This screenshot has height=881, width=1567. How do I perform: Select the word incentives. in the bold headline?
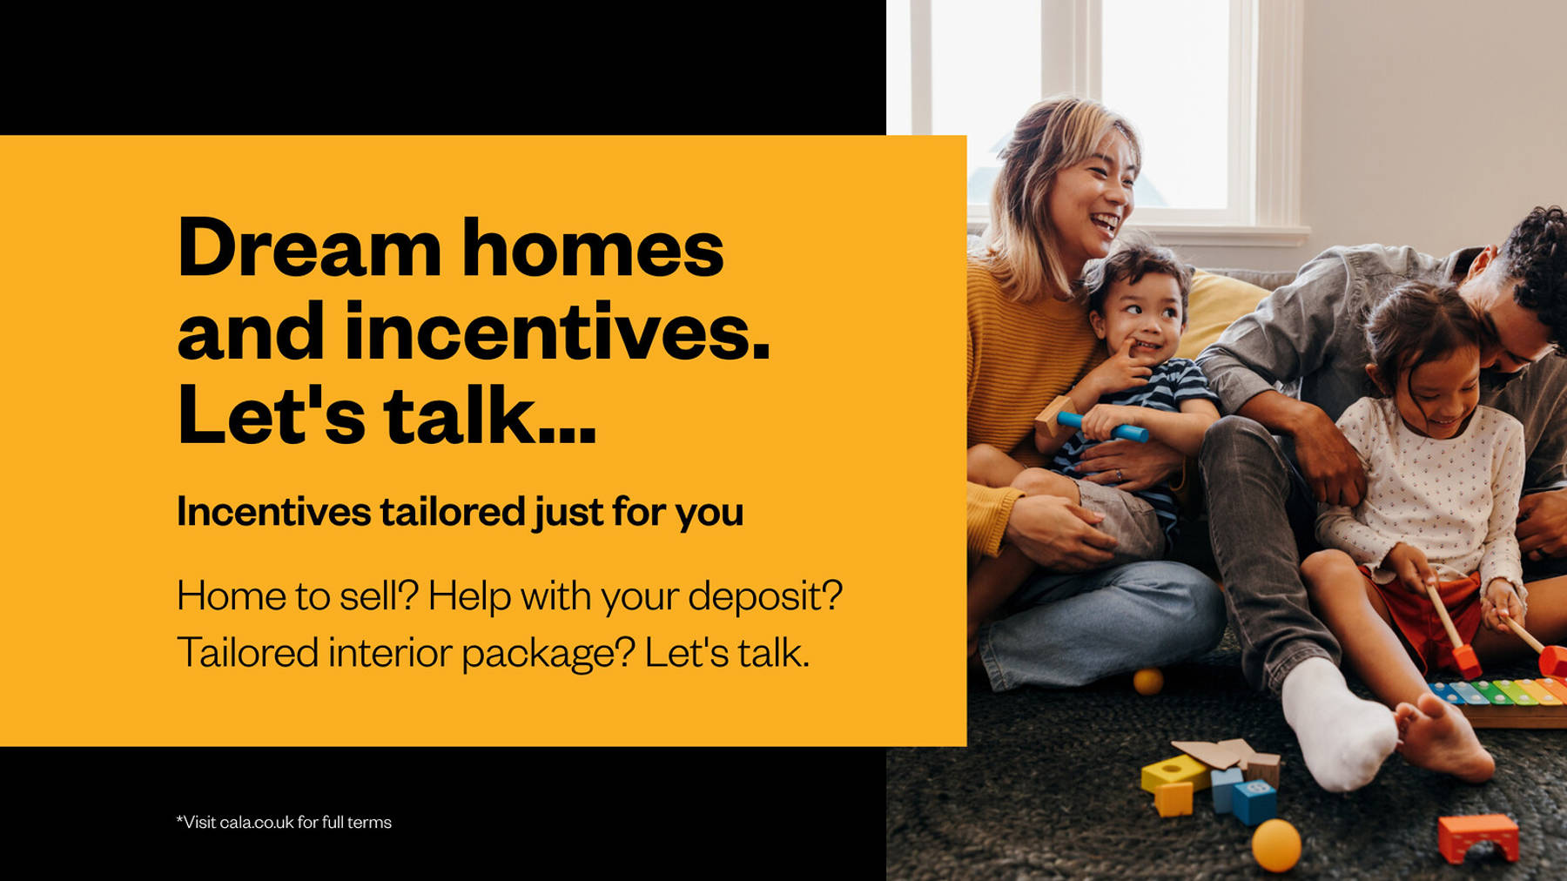point(558,331)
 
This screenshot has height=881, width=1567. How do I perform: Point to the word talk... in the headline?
point(490,414)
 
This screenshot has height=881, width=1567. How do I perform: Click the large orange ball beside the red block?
point(1276,844)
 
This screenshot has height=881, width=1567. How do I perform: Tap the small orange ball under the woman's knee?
point(1148,681)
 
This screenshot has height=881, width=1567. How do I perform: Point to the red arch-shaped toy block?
point(1477,837)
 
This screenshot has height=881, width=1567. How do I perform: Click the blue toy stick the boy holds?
point(1102,427)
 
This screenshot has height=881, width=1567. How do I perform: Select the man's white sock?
point(1336,724)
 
